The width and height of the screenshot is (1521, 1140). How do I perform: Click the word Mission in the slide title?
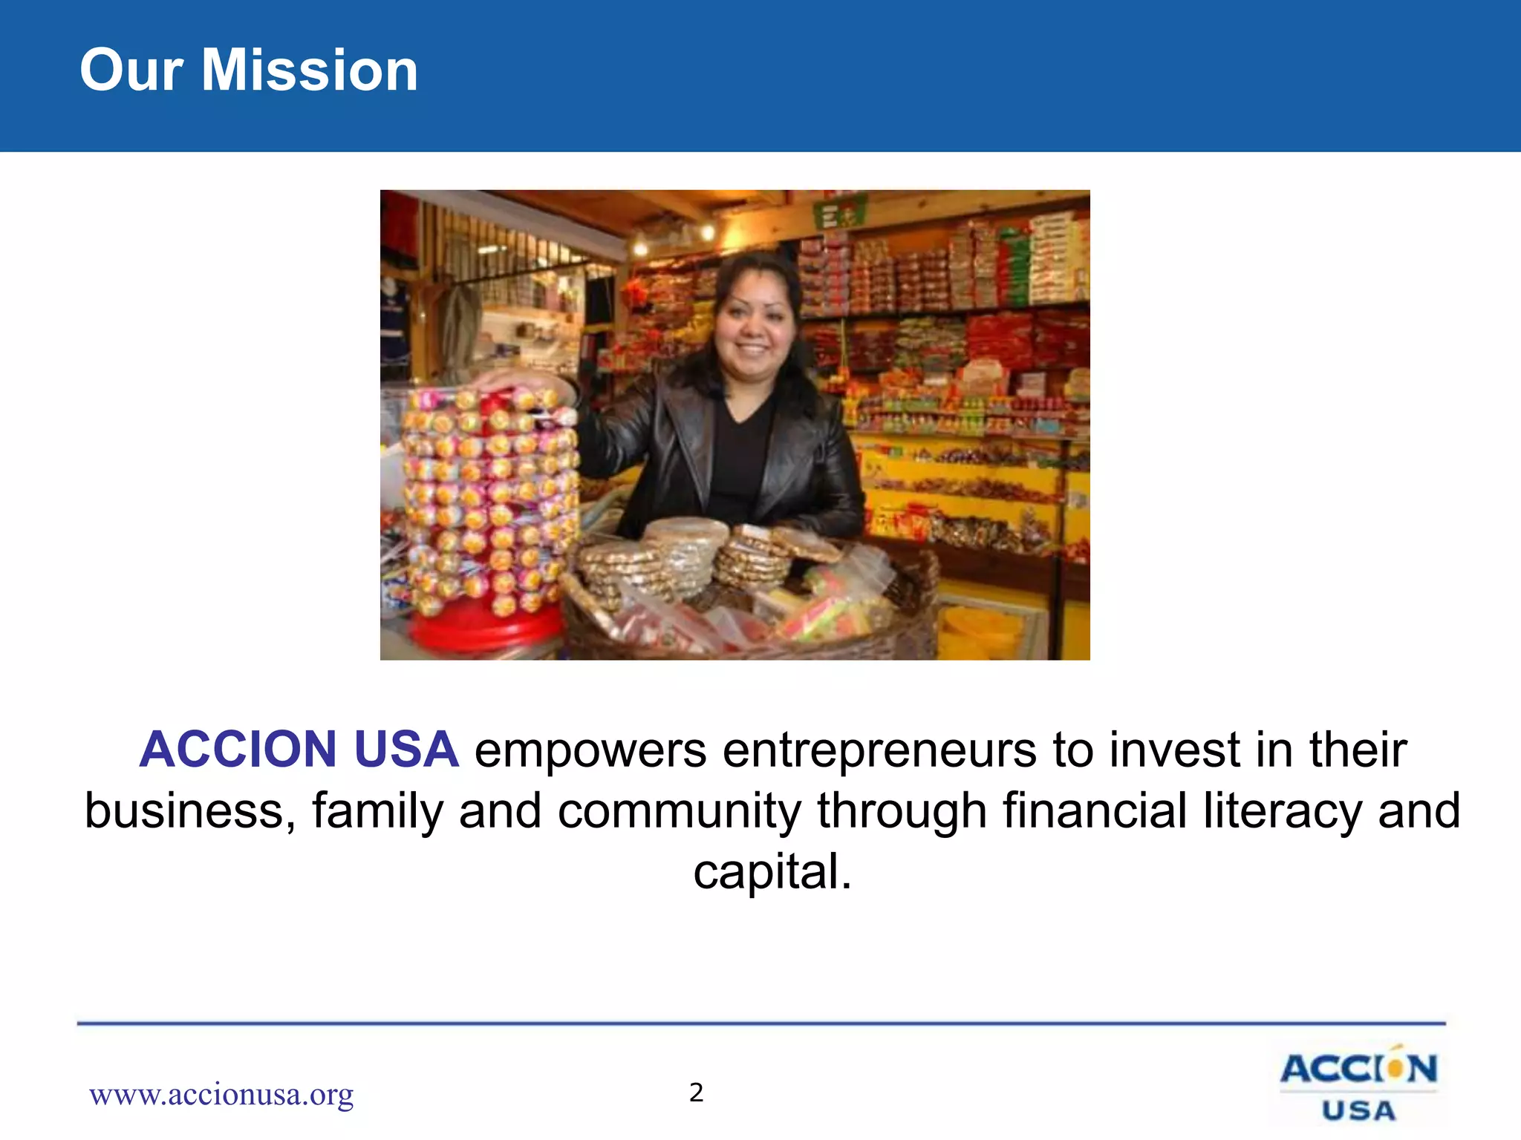[x=310, y=70]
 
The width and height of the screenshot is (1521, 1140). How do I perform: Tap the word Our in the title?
[x=131, y=70]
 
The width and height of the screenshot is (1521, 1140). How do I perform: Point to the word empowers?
[x=590, y=750]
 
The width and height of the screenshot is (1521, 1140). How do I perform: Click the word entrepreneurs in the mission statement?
[x=879, y=750]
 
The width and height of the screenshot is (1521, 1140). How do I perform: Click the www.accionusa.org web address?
[x=221, y=1094]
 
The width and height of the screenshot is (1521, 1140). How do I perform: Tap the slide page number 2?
[x=696, y=1092]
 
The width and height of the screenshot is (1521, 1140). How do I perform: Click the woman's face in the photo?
[x=754, y=327]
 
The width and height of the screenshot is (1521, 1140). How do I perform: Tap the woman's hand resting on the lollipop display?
[x=505, y=381]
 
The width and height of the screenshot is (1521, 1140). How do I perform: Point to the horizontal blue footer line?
[x=761, y=1024]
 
